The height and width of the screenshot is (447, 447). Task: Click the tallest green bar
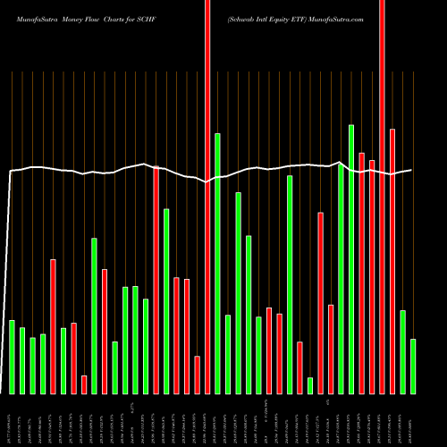(x=351, y=259)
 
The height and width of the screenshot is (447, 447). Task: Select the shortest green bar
(x=310, y=385)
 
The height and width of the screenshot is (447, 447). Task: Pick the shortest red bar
(x=84, y=384)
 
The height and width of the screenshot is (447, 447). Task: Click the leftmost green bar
(x=12, y=357)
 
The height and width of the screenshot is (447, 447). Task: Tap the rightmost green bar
(x=413, y=367)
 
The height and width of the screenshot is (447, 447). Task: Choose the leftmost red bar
(x=53, y=326)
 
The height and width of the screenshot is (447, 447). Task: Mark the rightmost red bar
(x=392, y=261)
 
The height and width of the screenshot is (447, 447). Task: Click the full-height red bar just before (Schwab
(x=207, y=197)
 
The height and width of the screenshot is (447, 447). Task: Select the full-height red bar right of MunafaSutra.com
(x=383, y=197)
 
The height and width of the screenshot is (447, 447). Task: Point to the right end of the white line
(x=411, y=170)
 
